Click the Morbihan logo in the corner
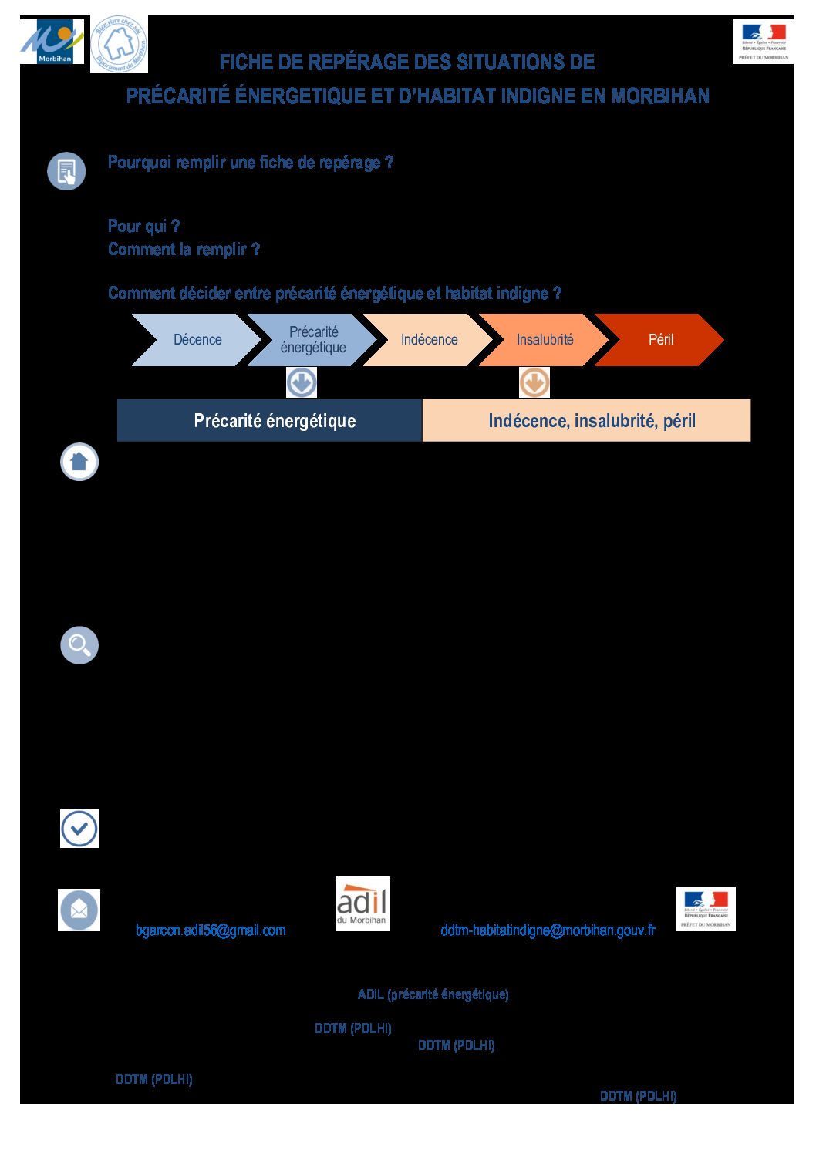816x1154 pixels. click(x=51, y=42)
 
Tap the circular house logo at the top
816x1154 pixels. click(x=119, y=45)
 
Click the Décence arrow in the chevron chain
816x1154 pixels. click(x=197, y=340)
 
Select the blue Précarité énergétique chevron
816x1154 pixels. click(x=312, y=340)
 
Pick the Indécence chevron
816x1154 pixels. click(x=429, y=340)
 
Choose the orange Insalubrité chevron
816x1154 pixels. click(x=545, y=340)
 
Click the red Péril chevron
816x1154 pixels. click(x=660, y=340)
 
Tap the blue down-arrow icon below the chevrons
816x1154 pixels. click(x=302, y=382)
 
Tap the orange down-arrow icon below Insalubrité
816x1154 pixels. click(x=534, y=382)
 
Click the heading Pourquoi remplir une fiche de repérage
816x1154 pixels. click(x=251, y=163)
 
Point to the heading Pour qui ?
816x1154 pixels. click(x=143, y=226)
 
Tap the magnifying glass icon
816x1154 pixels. click(x=79, y=645)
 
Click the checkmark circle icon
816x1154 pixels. click(x=79, y=829)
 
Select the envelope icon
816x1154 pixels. click(x=79, y=910)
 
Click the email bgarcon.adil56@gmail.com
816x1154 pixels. click(x=211, y=930)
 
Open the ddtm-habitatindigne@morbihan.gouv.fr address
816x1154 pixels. click(x=548, y=930)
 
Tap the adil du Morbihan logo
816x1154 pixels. click(x=362, y=903)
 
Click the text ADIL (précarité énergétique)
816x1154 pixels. click(x=433, y=994)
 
